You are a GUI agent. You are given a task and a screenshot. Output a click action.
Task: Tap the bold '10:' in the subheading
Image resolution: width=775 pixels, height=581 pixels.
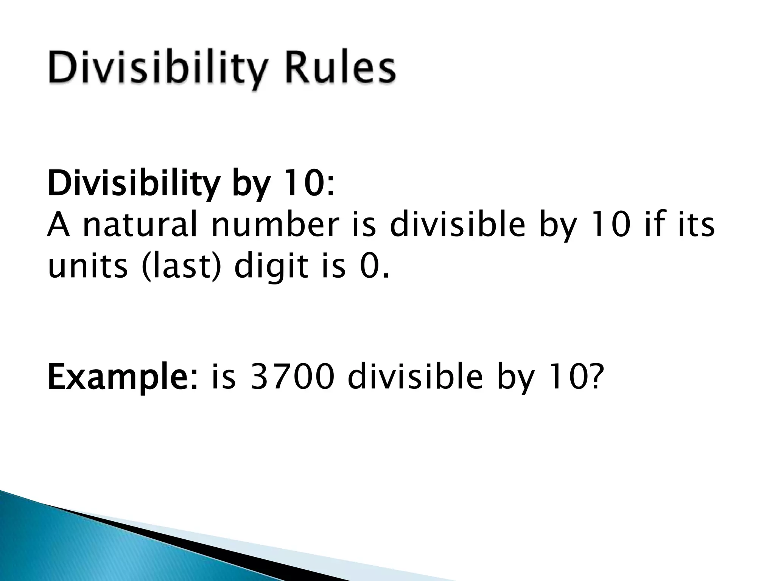pyautogui.click(x=309, y=184)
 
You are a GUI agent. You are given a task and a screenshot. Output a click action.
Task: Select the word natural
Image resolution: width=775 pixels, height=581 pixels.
pyautogui.click(x=140, y=226)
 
